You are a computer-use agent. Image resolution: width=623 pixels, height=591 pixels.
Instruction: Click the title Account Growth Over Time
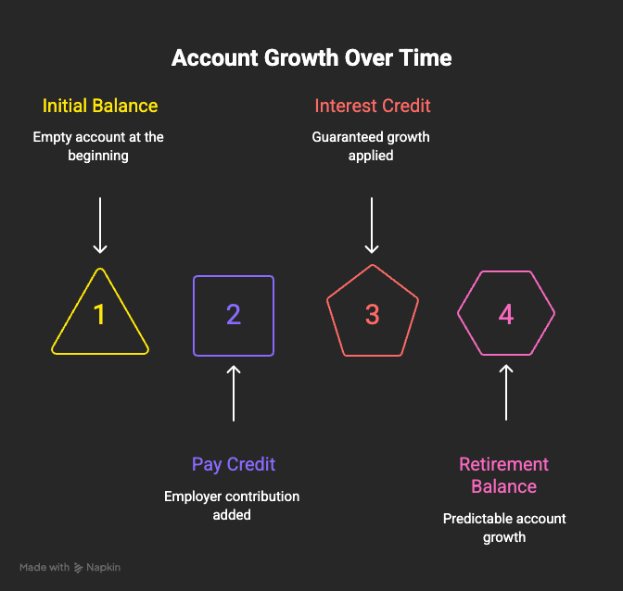coord(311,58)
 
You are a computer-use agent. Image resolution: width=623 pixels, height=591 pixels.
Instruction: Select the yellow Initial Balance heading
coord(100,106)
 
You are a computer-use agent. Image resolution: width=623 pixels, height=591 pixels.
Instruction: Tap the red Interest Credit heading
coord(373,106)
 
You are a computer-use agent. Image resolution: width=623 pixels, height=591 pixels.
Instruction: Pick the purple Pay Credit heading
coord(234,464)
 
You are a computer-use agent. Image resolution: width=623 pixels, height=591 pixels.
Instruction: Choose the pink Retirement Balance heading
coord(503,475)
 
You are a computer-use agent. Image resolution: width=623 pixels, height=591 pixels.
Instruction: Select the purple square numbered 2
coord(194,316)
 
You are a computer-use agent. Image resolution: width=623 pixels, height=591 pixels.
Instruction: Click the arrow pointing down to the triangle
coord(100,225)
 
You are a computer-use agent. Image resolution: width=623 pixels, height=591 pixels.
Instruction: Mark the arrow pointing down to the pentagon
coord(372,225)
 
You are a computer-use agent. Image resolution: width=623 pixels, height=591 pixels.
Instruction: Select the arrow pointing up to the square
coord(234,394)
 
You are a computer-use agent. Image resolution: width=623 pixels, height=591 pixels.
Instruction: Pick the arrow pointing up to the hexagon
coord(506,393)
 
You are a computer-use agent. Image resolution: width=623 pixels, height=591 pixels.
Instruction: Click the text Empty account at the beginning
coord(98,146)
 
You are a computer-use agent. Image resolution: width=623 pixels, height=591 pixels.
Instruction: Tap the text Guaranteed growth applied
coord(371,146)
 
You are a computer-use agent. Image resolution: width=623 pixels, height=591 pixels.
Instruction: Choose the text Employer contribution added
coord(232,505)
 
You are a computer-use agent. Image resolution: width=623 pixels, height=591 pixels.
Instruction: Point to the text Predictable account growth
coord(504,527)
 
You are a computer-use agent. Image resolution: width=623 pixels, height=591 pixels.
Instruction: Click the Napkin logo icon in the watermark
coord(78,568)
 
